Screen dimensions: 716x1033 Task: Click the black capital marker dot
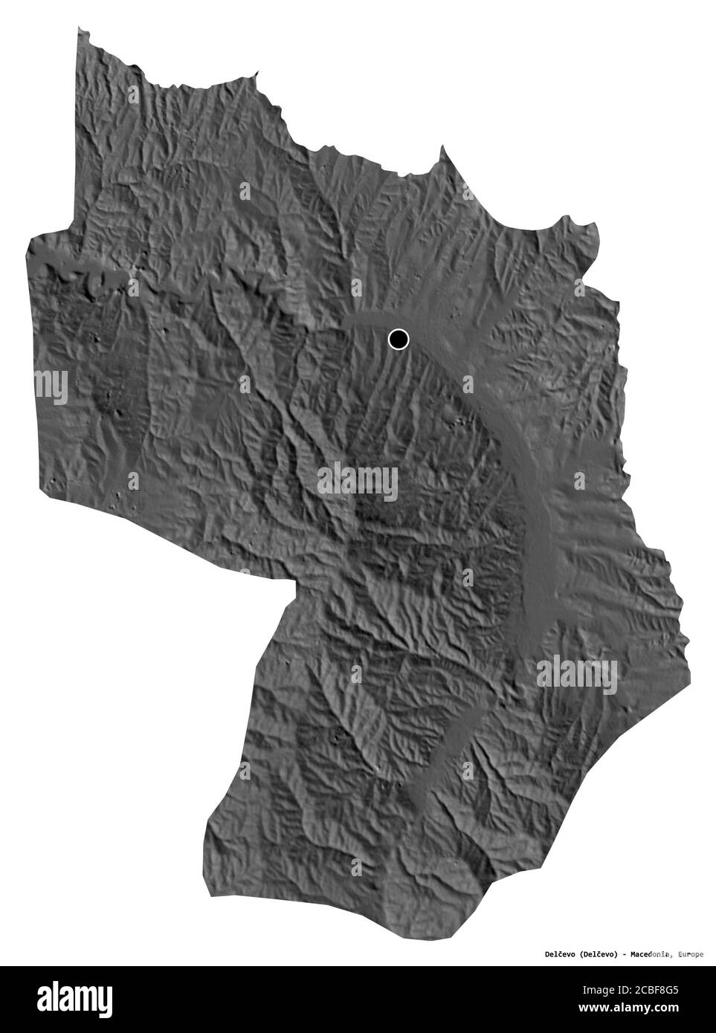(399, 340)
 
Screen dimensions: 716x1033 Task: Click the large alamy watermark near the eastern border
(578, 672)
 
